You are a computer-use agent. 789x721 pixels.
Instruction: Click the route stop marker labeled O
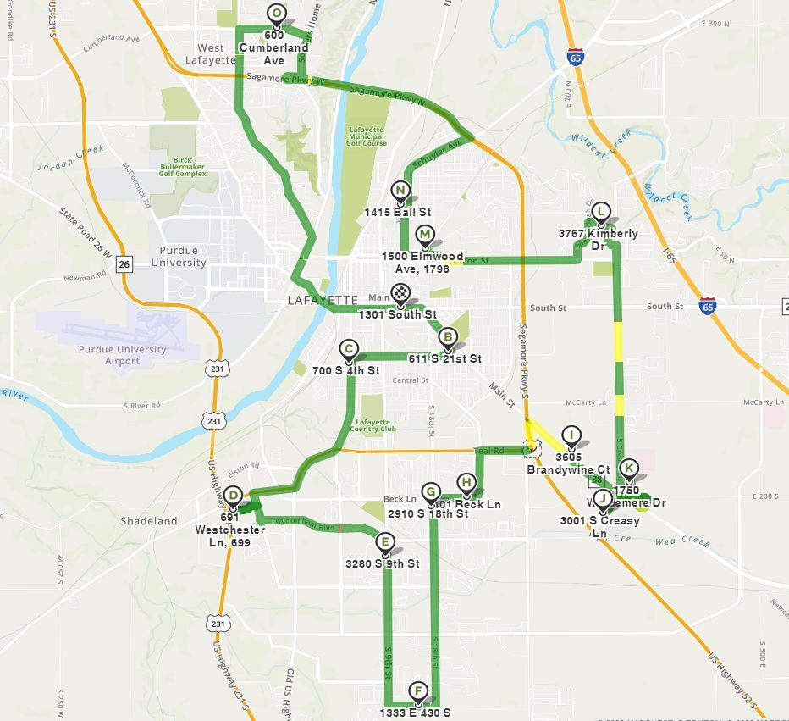(275, 14)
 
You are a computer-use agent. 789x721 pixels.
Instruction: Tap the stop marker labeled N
(400, 191)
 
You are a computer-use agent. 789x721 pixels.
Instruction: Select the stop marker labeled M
(425, 235)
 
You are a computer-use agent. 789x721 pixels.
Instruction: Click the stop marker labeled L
(600, 212)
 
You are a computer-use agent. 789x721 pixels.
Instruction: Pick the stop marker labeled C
(349, 349)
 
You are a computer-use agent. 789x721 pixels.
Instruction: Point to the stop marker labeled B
(448, 338)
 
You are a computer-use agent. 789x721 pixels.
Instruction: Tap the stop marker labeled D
(233, 496)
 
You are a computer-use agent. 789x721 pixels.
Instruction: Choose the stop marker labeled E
(385, 542)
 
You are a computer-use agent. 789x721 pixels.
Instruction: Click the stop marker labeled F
(417, 691)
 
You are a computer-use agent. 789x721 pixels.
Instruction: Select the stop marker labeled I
(571, 436)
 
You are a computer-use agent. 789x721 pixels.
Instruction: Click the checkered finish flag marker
(400, 295)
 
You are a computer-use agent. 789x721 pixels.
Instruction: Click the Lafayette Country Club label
(373, 425)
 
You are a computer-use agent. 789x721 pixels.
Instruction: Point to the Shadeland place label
(149, 521)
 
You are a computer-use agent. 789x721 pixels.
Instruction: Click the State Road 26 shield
(124, 264)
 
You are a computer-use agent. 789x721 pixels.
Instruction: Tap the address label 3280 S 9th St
(382, 563)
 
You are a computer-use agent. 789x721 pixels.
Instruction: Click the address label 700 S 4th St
(345, 371)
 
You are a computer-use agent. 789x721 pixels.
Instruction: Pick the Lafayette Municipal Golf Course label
(367, 136)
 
